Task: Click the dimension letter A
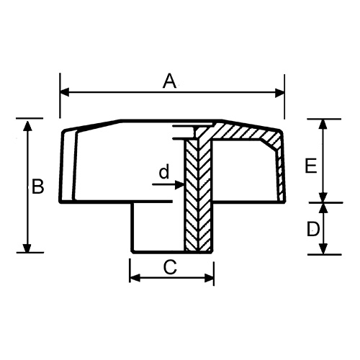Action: point(169,81)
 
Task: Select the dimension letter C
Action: point(170,267)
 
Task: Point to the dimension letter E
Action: point(310,166)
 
